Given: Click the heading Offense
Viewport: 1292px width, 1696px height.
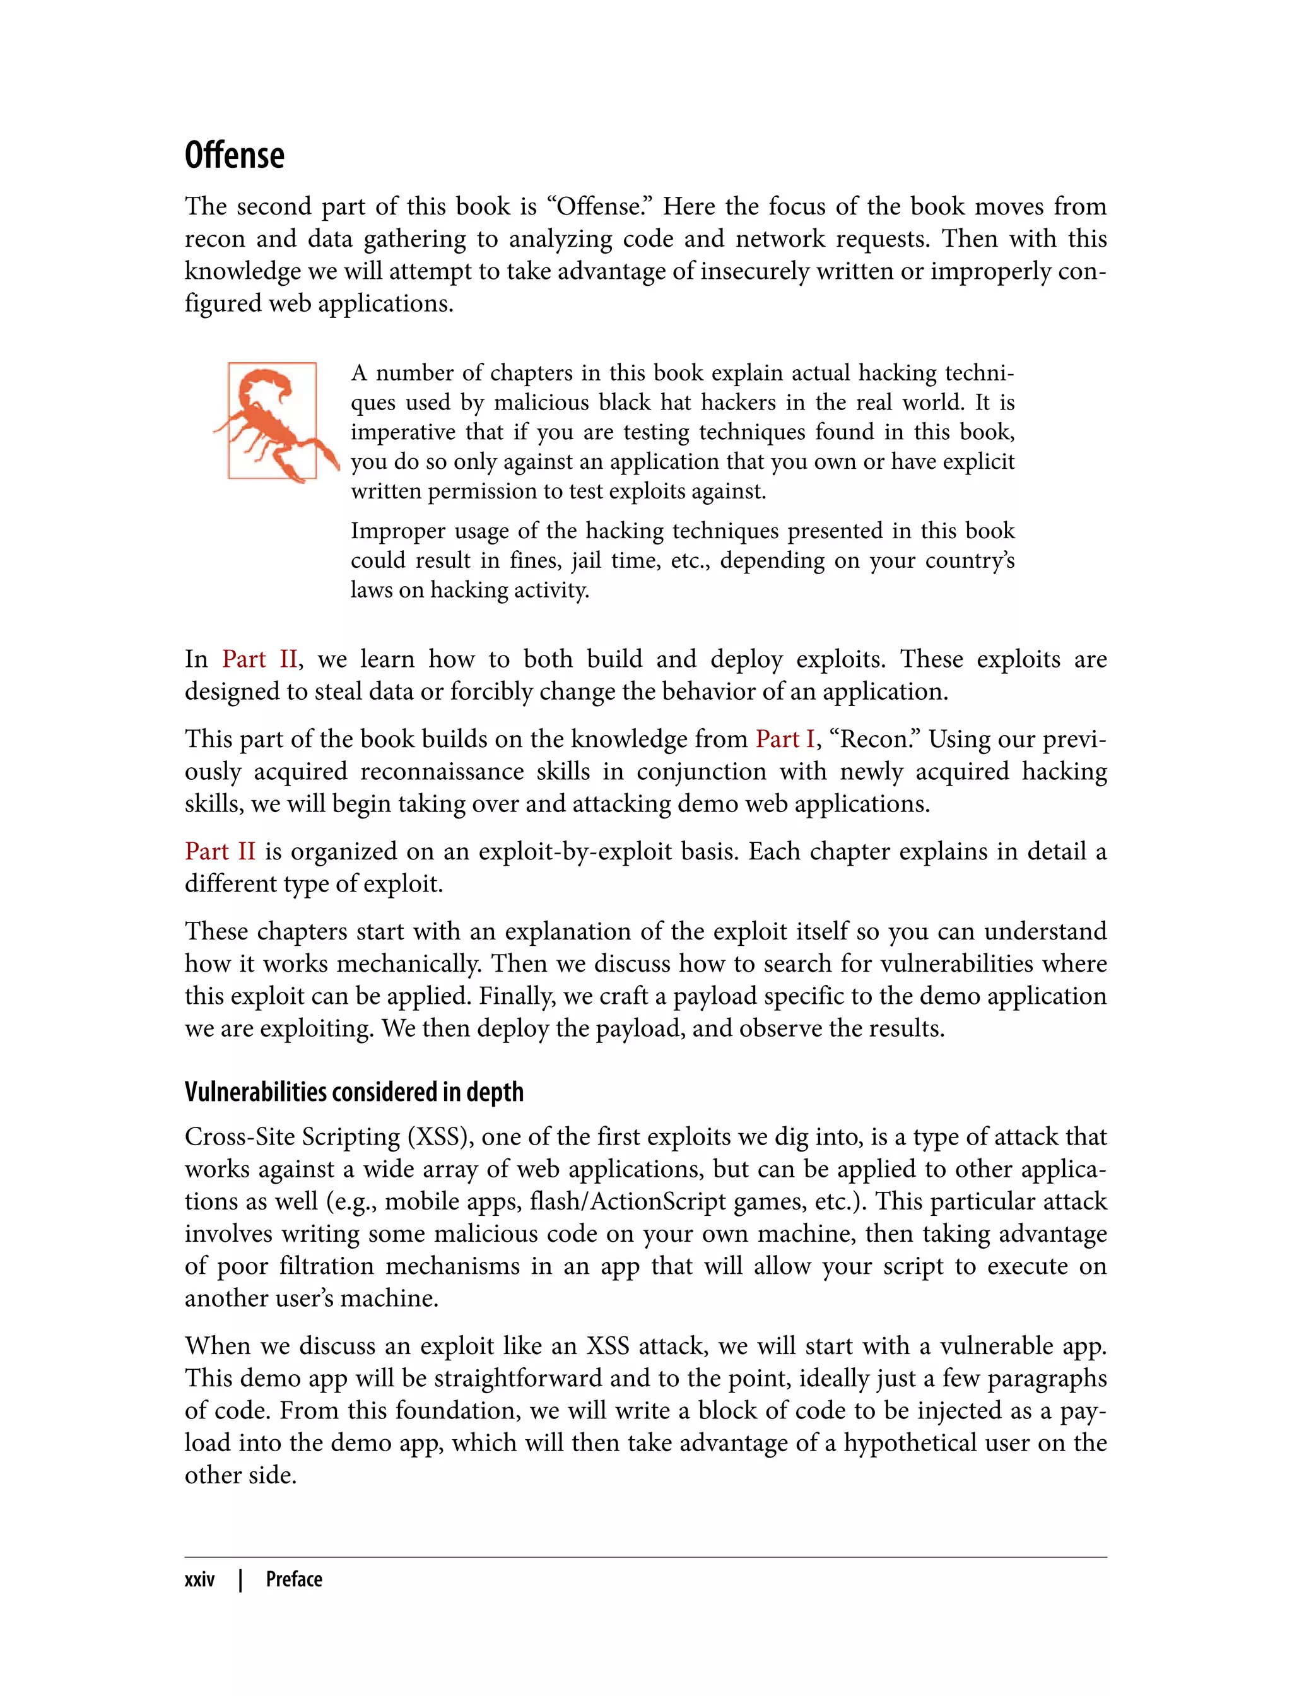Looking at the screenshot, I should pyautogui.click(x=235, y=155).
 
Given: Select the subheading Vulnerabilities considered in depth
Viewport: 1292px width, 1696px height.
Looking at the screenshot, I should pyautogui.click(x=354, y=1092).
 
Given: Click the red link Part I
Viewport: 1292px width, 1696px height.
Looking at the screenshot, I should pyautogui.click(x=784, y=738).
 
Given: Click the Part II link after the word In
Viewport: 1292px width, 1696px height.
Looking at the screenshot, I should pyautogui.click(x=259, y=659).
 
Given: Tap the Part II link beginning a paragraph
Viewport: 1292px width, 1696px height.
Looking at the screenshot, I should pyautogui.click(x=220, y=851).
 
